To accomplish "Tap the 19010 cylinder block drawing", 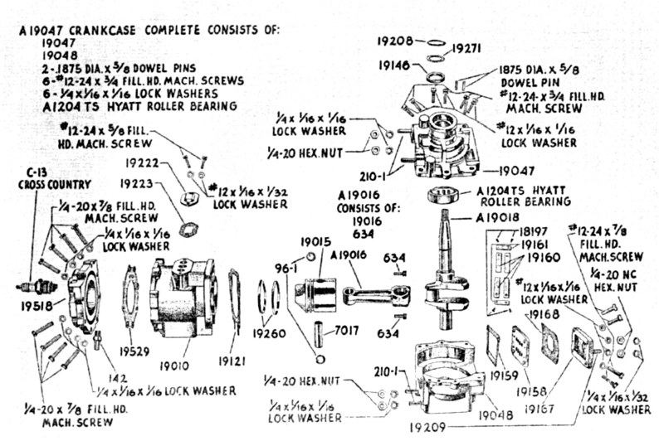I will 188,302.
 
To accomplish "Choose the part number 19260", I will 268,335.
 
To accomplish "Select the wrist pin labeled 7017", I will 348,331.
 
